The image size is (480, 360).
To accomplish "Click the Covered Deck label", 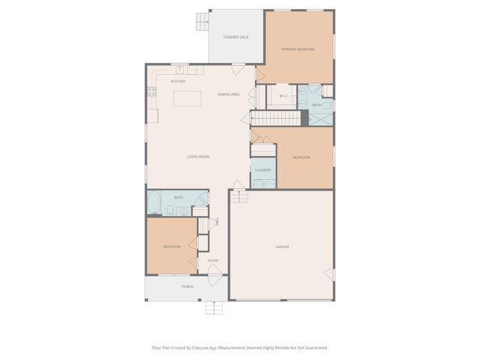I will (235, 37).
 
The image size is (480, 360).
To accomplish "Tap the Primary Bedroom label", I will (298, 49).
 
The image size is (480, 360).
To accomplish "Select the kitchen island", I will (187, 98).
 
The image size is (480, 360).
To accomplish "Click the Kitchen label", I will (178, 81).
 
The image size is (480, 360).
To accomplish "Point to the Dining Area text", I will (229, 94).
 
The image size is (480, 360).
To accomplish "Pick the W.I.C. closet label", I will (284, 96).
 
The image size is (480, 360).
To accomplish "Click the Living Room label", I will (198, 157).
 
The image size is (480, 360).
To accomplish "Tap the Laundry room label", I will (262, 170).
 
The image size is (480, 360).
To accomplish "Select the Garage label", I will (282, 247).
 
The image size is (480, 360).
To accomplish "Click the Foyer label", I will (213, 261).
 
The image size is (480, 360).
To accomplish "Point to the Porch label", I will (187, 286).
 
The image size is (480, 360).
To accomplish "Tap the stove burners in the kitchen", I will (151, 92).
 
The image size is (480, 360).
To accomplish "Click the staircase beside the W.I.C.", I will (276, 118).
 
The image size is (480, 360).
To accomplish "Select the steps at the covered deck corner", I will (202, 22).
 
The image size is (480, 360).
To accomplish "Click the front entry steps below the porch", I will (214, 307).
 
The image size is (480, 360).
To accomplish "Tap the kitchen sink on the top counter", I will (191, 70).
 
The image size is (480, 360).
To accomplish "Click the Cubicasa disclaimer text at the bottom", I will (240, 347).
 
